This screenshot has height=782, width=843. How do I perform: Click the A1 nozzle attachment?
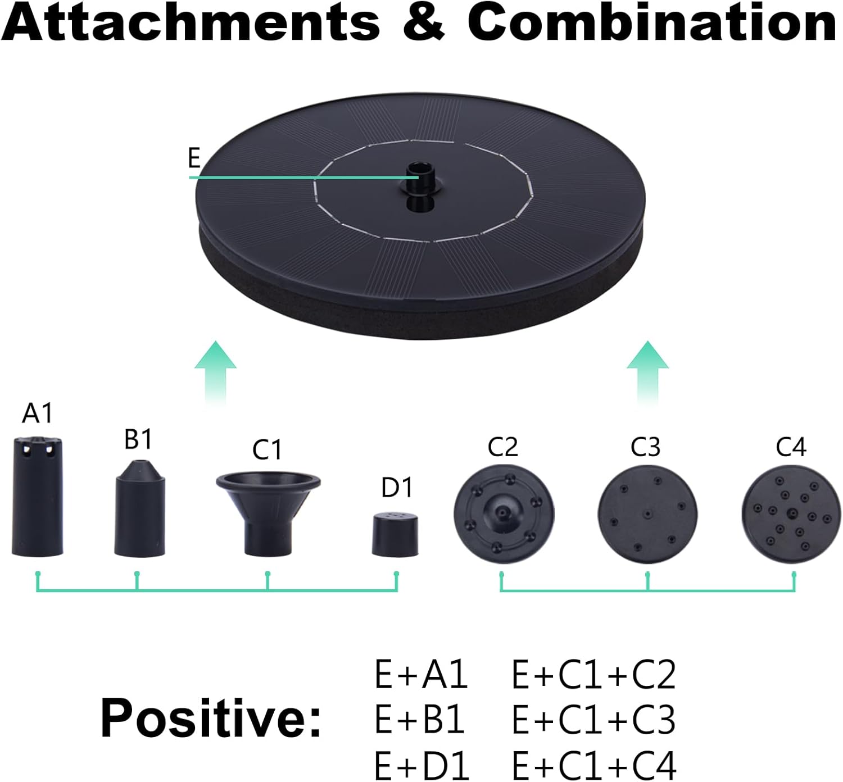pos(37,496)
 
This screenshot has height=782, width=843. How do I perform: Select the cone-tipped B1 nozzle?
pos(139,508)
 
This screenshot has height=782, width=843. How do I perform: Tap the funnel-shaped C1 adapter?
pos(268,514)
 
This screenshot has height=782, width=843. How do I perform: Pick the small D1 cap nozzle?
pos(395,535)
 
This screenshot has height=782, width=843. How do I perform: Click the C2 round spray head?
pos(504,514)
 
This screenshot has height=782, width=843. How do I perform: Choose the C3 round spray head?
pos(647,514)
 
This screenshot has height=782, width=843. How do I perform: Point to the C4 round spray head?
pos(792,514)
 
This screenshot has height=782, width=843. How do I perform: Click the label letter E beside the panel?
pos(194,158)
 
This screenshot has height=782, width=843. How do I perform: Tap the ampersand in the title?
pos(424,22)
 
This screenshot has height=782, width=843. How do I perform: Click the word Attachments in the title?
pos(190,22)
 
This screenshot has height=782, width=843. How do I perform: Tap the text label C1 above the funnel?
pos(267,450)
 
